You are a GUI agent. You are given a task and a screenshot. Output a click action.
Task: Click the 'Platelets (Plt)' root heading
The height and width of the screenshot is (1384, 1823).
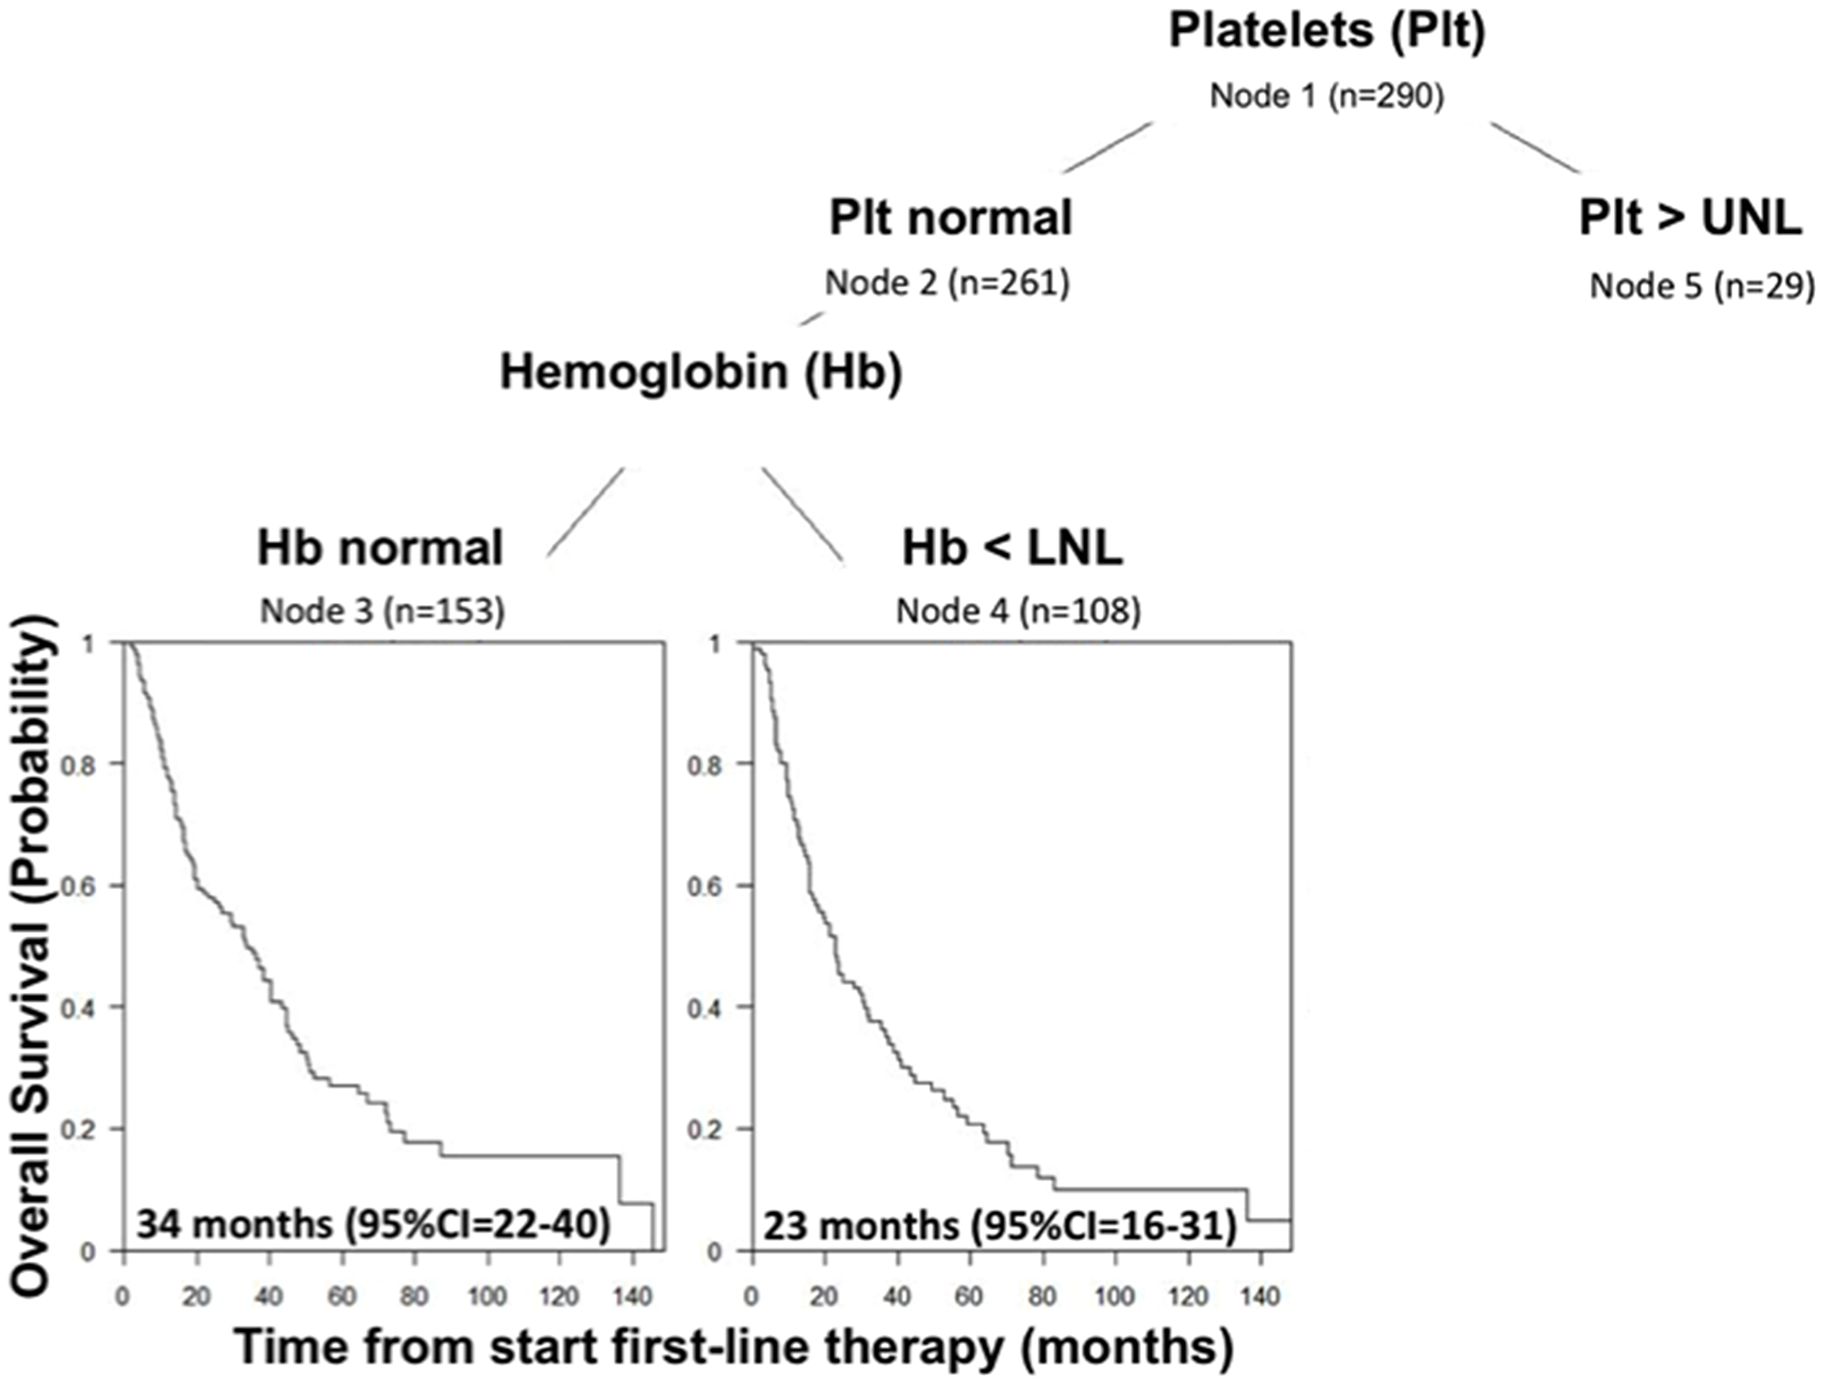pos(1327,31)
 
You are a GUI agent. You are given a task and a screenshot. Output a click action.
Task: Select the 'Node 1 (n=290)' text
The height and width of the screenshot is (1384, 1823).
pos(1327,96)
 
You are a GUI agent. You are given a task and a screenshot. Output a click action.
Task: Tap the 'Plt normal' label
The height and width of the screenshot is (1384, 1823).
pos(950,219)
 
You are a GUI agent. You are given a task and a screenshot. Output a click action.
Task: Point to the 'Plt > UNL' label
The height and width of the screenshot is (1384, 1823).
pos(1690,219)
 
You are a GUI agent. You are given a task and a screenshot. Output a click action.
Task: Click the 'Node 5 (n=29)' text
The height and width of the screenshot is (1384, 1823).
pos(1702,286)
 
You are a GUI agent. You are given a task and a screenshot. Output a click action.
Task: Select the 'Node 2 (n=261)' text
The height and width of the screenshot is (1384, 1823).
pos(947,283)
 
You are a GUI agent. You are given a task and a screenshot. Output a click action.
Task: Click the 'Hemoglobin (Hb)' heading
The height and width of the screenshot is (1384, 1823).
pos(701,373)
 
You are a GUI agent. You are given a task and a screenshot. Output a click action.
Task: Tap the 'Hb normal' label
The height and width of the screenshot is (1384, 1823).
pos(380,548)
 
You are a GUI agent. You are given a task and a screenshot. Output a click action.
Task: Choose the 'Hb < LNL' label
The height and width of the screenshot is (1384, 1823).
pos(1012,548)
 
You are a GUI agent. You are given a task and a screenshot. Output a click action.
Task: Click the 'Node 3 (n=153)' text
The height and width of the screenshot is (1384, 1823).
pos(382,610)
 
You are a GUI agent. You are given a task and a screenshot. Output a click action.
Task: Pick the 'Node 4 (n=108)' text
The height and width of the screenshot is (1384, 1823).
pos(1018,610)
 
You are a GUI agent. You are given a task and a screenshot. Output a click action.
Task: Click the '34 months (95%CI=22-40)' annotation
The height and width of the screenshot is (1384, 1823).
pos(374,1224)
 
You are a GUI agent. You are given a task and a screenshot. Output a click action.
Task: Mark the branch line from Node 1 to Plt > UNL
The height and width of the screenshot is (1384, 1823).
pos(1535,147)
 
